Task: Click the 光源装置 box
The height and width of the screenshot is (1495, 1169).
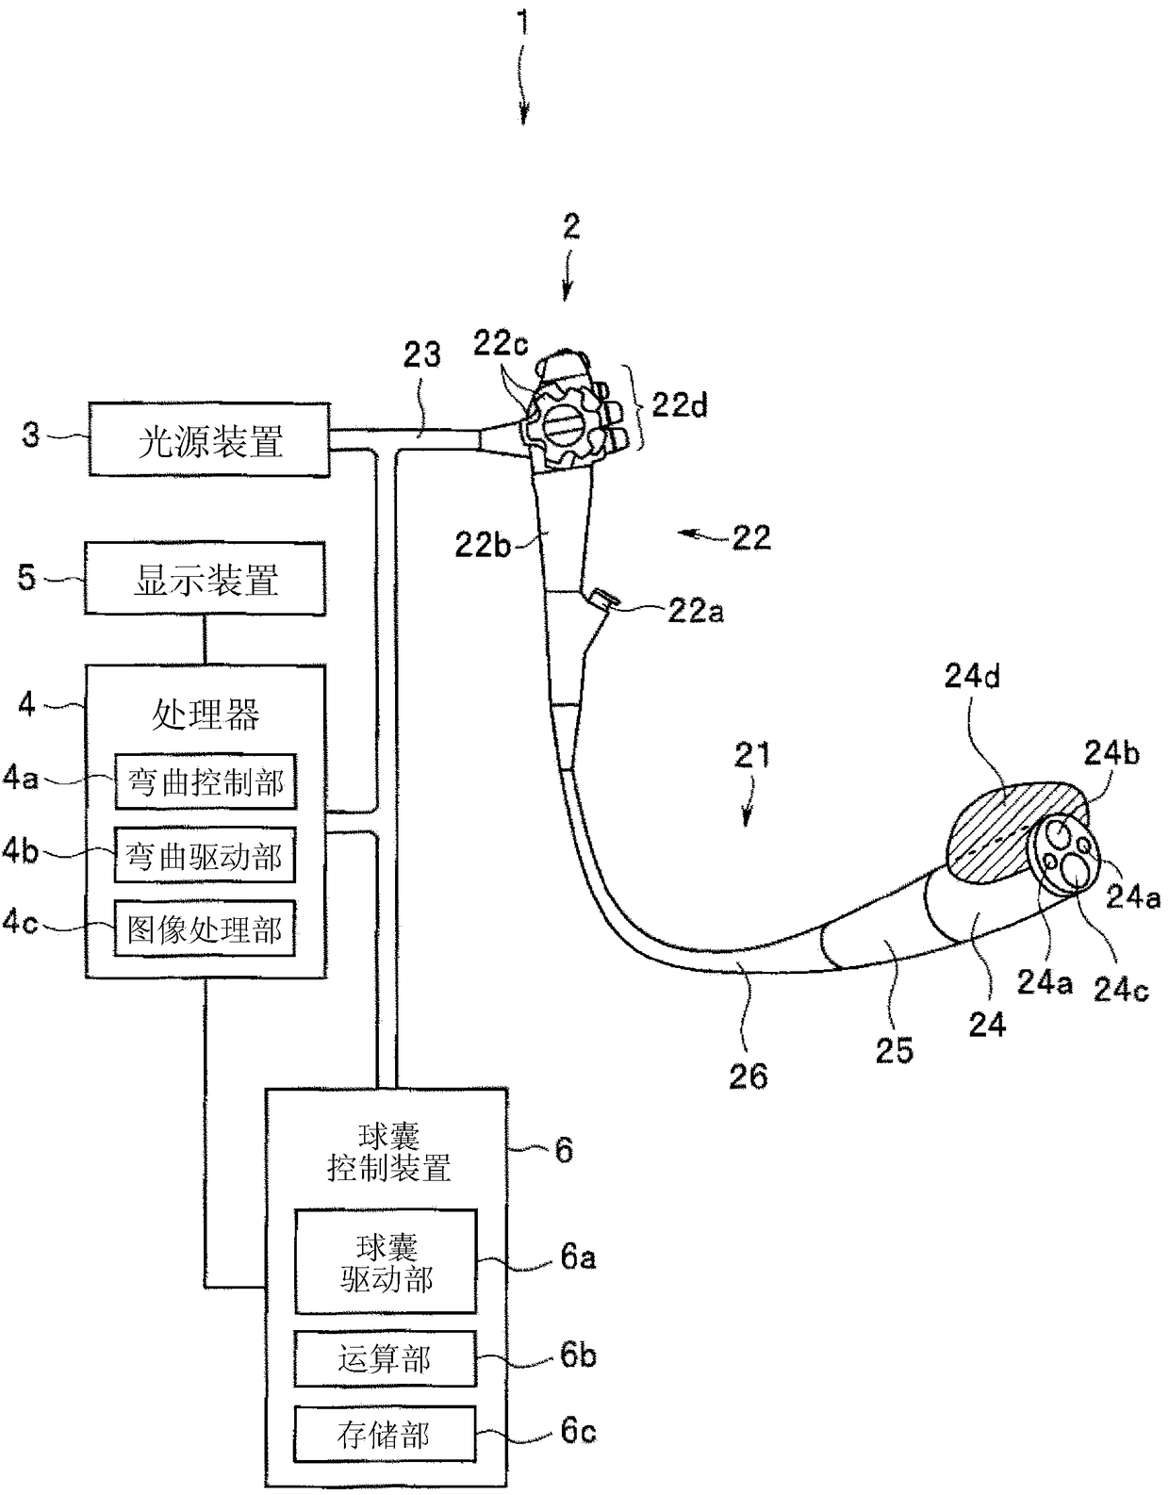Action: click(x=209, y=439)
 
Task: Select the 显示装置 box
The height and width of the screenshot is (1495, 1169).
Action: click(x=205, y=578)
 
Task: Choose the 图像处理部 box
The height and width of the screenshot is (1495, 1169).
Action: click(x=205, y=928)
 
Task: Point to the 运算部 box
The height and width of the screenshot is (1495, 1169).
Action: click(x=386, y=1358)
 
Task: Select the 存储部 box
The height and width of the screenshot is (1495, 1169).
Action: click(x=386, y=1435)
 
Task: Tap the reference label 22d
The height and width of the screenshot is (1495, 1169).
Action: click(x=679, y=405)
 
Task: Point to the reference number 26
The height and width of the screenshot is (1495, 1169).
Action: click(x=748, y=1076)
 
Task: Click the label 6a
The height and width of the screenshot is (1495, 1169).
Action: click(x=578, y=1257)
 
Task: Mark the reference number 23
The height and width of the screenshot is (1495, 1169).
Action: click(x=421, y=355)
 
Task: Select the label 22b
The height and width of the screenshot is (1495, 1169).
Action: click(x=483, y=546)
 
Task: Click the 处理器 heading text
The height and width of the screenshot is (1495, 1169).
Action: click(x=205, y=715)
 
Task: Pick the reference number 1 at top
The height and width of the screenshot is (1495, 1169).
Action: click(x=524, y=23)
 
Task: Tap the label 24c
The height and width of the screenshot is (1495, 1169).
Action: click(x=1122, y=990)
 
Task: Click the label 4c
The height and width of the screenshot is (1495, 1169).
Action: click(x=20, y=923)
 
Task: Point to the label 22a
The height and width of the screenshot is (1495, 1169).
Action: click(x=696, y=611)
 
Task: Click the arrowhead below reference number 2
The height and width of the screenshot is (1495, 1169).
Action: click(x=566, y=291)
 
